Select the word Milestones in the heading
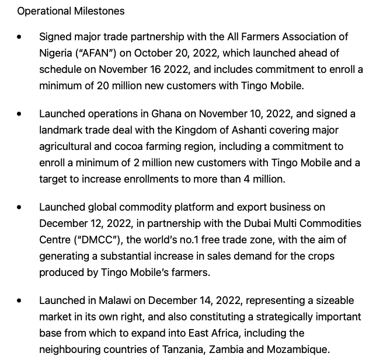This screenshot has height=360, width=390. click(x=98, y=11)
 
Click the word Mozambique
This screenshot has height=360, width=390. click(x=301, y=349)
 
